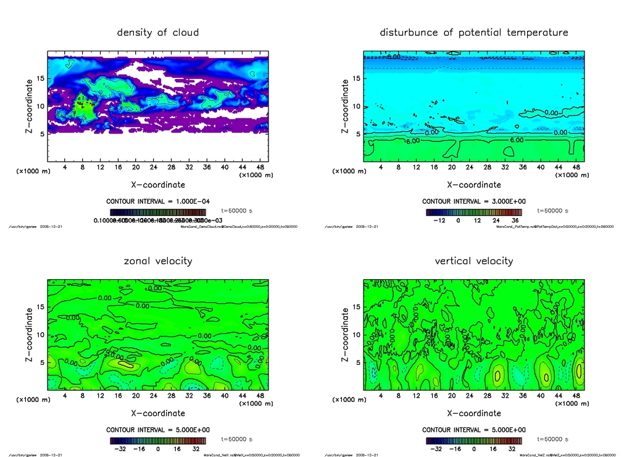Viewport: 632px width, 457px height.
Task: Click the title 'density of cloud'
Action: pos(158,32)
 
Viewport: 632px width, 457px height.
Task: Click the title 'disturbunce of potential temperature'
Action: pos(474,32)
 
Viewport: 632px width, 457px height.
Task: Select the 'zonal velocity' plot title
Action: pos(158,261)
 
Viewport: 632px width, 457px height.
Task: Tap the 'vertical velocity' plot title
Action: pos(474,261)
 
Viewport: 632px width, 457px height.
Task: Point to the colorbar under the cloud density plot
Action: pos(158,212)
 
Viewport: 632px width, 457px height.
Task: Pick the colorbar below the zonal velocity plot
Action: pos(158,440)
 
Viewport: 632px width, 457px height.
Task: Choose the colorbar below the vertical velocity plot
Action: pos(474,440)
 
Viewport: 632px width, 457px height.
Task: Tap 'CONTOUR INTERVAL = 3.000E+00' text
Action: pos(474,201)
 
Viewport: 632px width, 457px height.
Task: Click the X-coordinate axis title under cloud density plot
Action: pos(158,184)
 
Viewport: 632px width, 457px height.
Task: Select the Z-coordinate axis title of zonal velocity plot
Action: pos(29,335)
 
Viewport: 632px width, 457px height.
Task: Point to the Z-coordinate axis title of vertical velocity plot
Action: pos(345,335)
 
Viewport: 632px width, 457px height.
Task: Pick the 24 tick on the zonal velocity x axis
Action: pos(154,396)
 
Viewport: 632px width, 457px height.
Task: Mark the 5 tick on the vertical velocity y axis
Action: pos(357,363)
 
